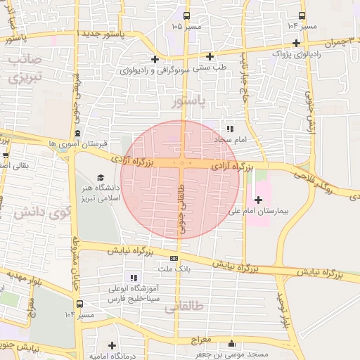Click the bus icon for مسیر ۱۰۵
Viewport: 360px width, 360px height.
(186, 15)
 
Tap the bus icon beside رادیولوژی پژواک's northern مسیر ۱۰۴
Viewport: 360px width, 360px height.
(302, 15)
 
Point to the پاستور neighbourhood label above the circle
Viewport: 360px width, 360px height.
(188, 102)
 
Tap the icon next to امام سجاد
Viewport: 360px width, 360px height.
(230, 129)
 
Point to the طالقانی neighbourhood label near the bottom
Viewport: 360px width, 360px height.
(181, 308)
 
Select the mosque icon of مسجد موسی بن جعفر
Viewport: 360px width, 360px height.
(233, 344)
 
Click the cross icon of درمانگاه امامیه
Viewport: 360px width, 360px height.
(112, 345)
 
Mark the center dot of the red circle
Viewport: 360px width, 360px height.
(181, 163)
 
